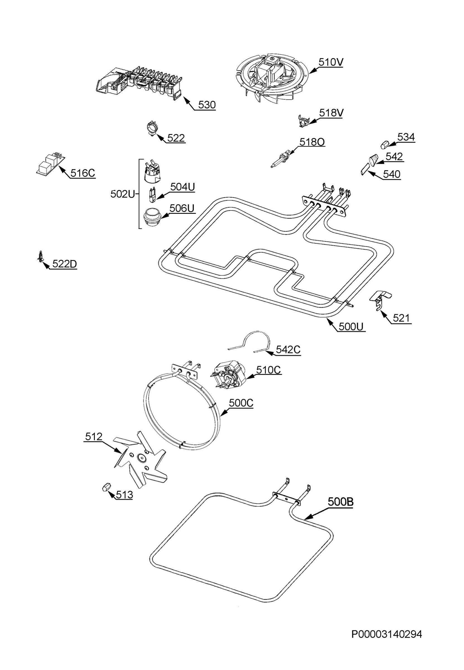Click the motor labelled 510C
coord(230,375)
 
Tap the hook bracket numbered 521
coord(380,301)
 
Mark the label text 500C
coord(241,403)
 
